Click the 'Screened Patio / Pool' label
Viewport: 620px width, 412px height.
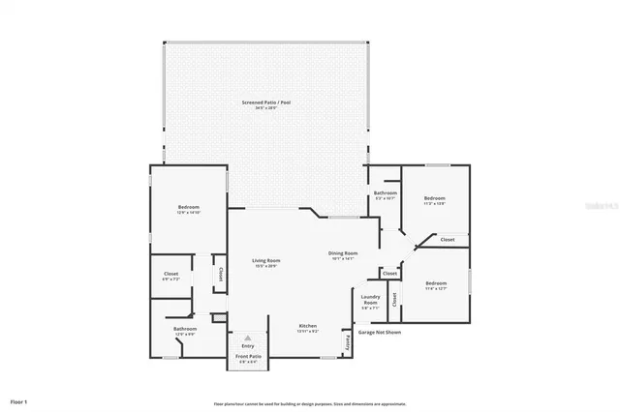(x=265, y=102)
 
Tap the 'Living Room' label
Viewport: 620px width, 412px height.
(x=266, y=260)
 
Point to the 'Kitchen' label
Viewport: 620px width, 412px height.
(x=308, y=326)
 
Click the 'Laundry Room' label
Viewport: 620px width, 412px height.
(x=370, y=300)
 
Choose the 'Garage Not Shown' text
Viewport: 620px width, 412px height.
(x=380, y=332)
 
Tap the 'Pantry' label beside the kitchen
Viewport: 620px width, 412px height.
(x=346, y=340)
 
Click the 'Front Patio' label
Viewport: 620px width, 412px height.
(x=248, y=357)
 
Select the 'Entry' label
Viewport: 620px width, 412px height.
(x=248, y=345)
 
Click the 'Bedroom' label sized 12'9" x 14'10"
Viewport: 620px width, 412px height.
(x=188, y=207)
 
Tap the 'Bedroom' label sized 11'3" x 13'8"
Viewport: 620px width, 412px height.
(x=435, y=198)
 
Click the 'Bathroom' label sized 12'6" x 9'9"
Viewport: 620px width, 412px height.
(x=185, y=329)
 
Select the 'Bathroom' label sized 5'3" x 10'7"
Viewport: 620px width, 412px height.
(x=385, y=193)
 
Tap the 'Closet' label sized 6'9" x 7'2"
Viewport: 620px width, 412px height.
(x=170, y=274)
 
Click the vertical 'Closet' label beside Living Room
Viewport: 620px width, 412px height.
(x=221, y=274)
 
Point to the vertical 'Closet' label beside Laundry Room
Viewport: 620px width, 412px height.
(x=394, y=300)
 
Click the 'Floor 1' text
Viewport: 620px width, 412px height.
(x=19, y=400)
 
